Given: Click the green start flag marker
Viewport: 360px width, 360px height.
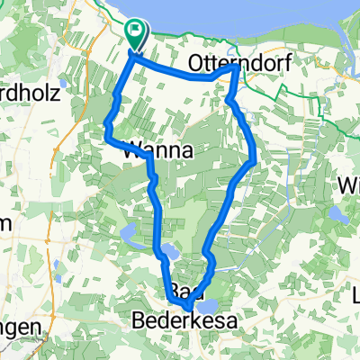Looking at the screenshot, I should (135, 35).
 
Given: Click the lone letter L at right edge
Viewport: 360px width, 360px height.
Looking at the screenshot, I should (355, 294).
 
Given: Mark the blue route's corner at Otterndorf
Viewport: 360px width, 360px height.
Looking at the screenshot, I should (235, 67).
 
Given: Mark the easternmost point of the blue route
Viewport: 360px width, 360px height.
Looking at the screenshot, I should (255, 161).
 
